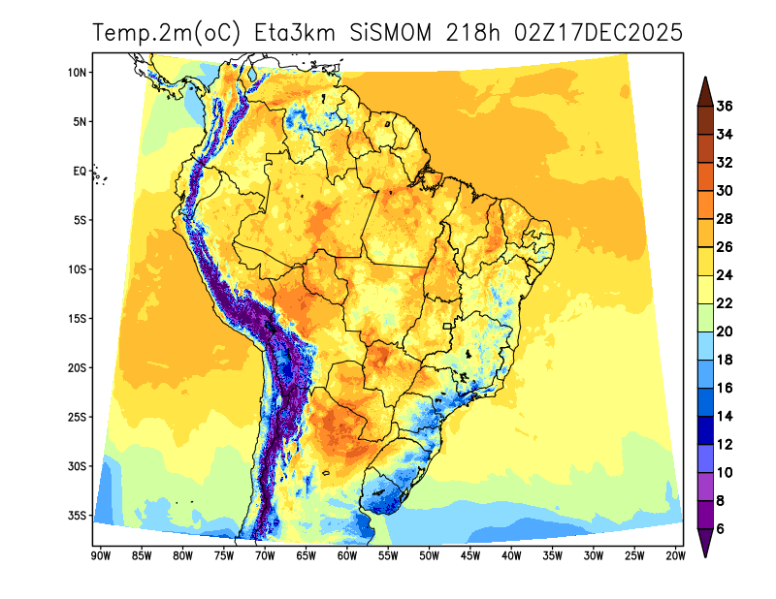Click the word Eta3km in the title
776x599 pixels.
294,33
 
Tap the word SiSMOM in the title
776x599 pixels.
390,33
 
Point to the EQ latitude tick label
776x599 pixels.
80,171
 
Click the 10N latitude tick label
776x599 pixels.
79,73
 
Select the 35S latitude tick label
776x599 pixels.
79,516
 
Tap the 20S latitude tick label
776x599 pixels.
79,368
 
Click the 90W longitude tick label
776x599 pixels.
99,555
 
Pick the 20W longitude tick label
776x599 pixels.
676,555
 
